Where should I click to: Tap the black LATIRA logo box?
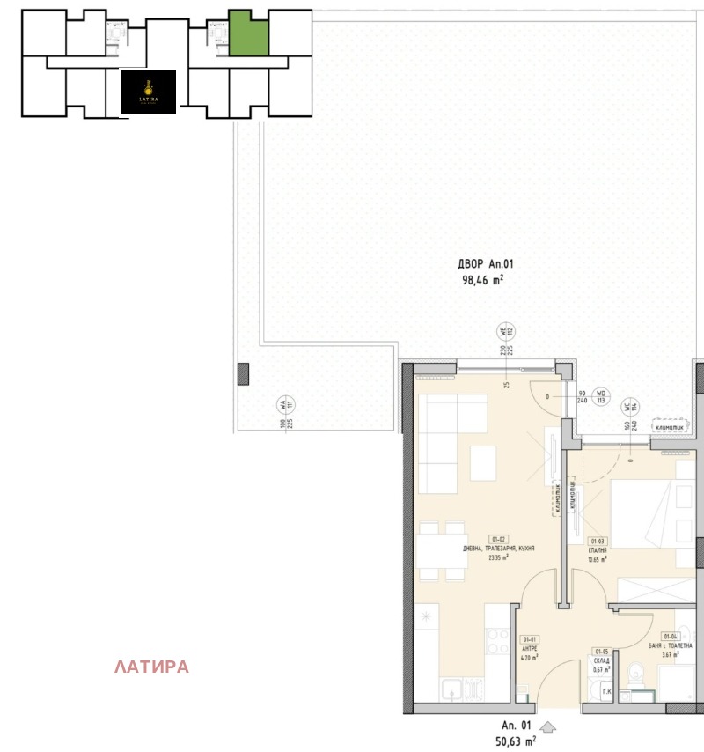point(148,92)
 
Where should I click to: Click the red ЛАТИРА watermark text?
point(151,667)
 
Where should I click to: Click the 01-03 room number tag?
point(598,542)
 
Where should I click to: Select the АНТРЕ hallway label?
point(530,649)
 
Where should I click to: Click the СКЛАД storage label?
point(601,660)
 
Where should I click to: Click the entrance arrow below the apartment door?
point(547,727)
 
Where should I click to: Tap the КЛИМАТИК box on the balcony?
point(673,429)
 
